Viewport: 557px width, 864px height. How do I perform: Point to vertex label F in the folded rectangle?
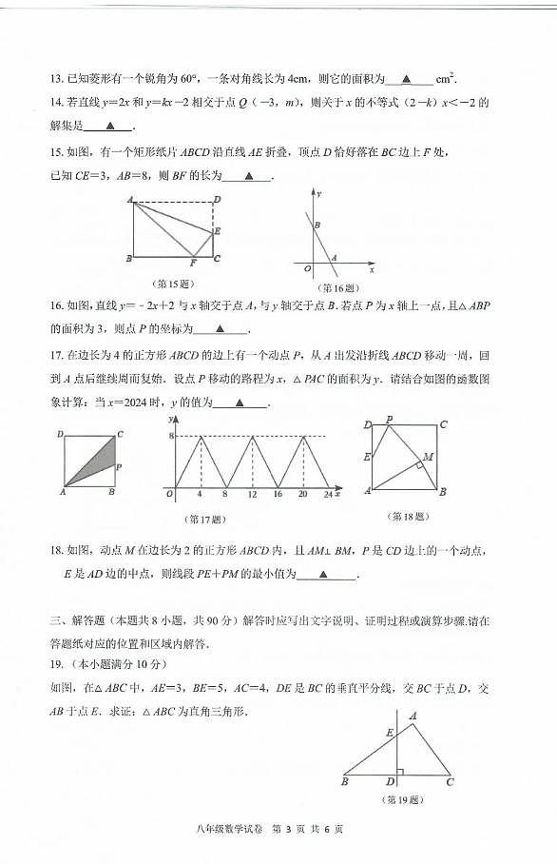point(194,263)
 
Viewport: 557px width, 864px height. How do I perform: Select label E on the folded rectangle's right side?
point(218,231)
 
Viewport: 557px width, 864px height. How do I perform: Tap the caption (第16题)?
point(336,287)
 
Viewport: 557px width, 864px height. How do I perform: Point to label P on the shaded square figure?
point(118,467)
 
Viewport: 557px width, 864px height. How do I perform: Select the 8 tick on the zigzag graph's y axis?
point(170,436)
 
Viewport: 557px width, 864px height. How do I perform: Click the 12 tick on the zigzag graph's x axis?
point(251,496)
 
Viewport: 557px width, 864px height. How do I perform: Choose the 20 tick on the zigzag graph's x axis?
point(303,496)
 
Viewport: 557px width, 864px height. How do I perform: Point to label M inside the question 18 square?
point(429,456)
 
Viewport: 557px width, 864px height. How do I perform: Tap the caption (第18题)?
point(407,517)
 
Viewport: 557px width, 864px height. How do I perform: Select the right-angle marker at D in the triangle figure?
point(400,772)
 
